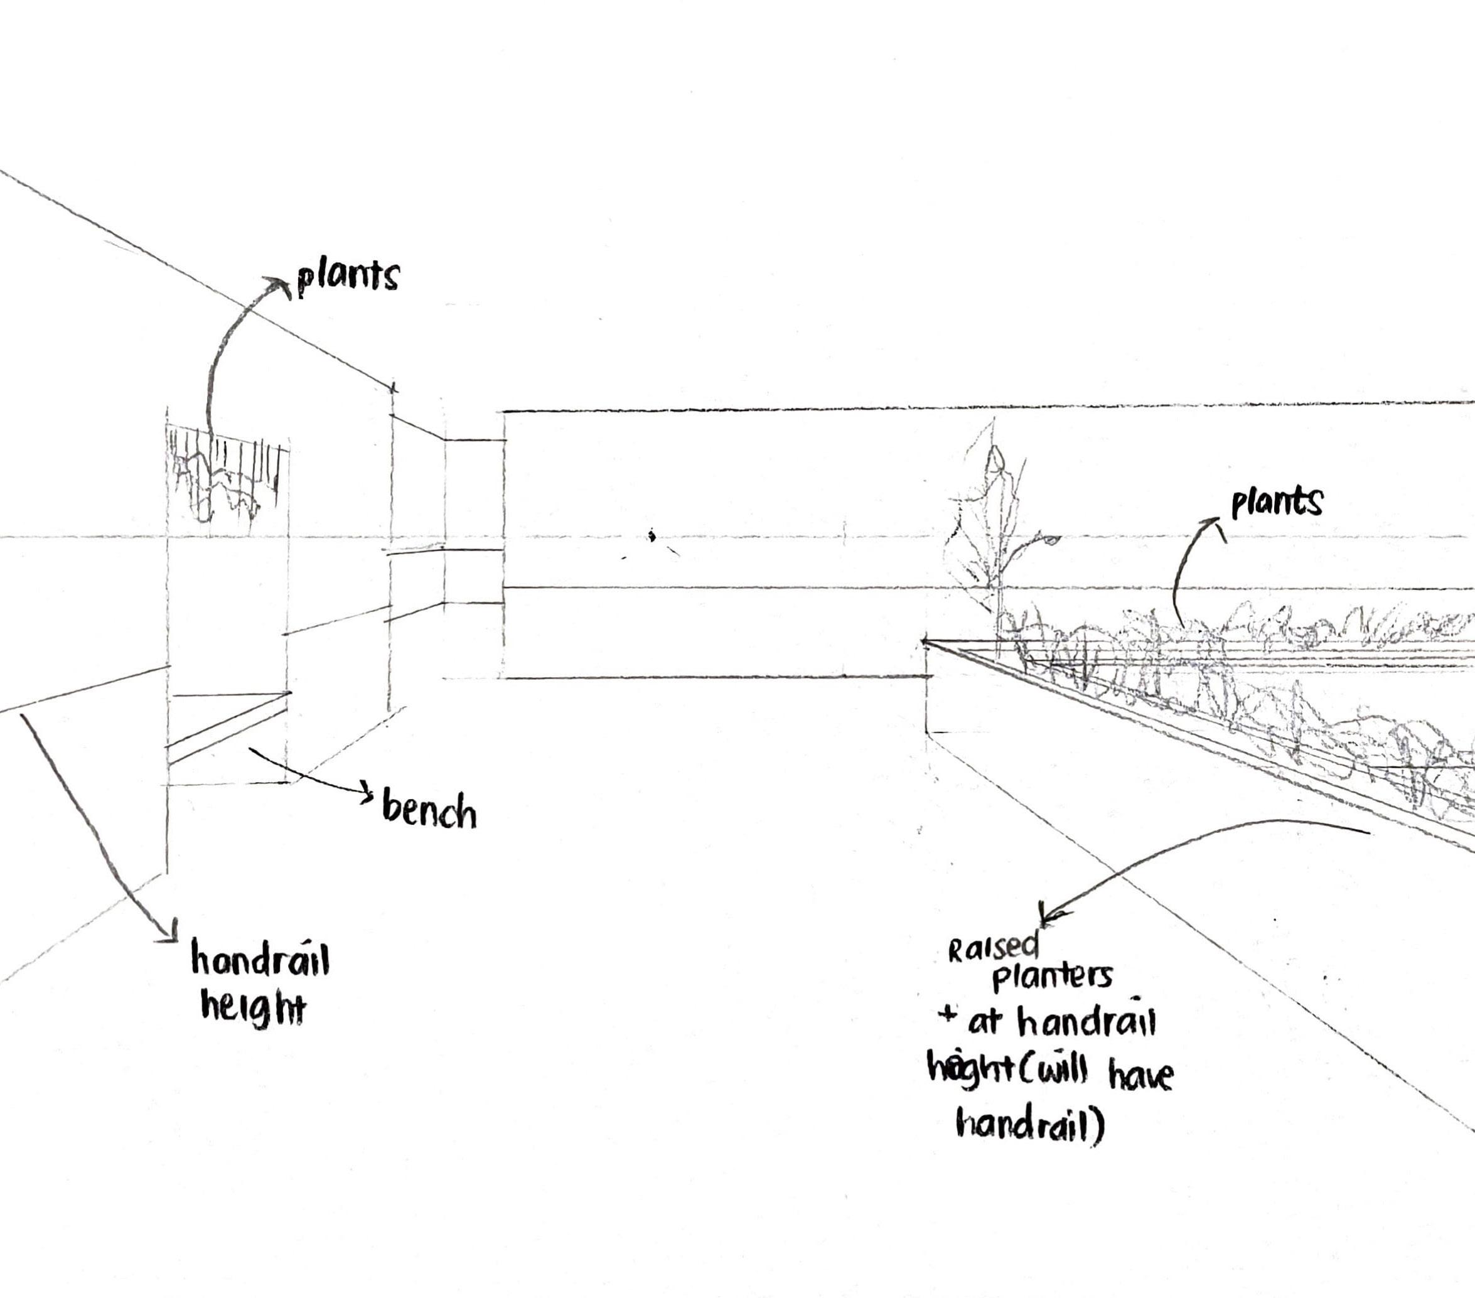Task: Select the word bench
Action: [429, 810]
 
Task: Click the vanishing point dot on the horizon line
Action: [652, 535]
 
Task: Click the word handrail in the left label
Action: [260, 962]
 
